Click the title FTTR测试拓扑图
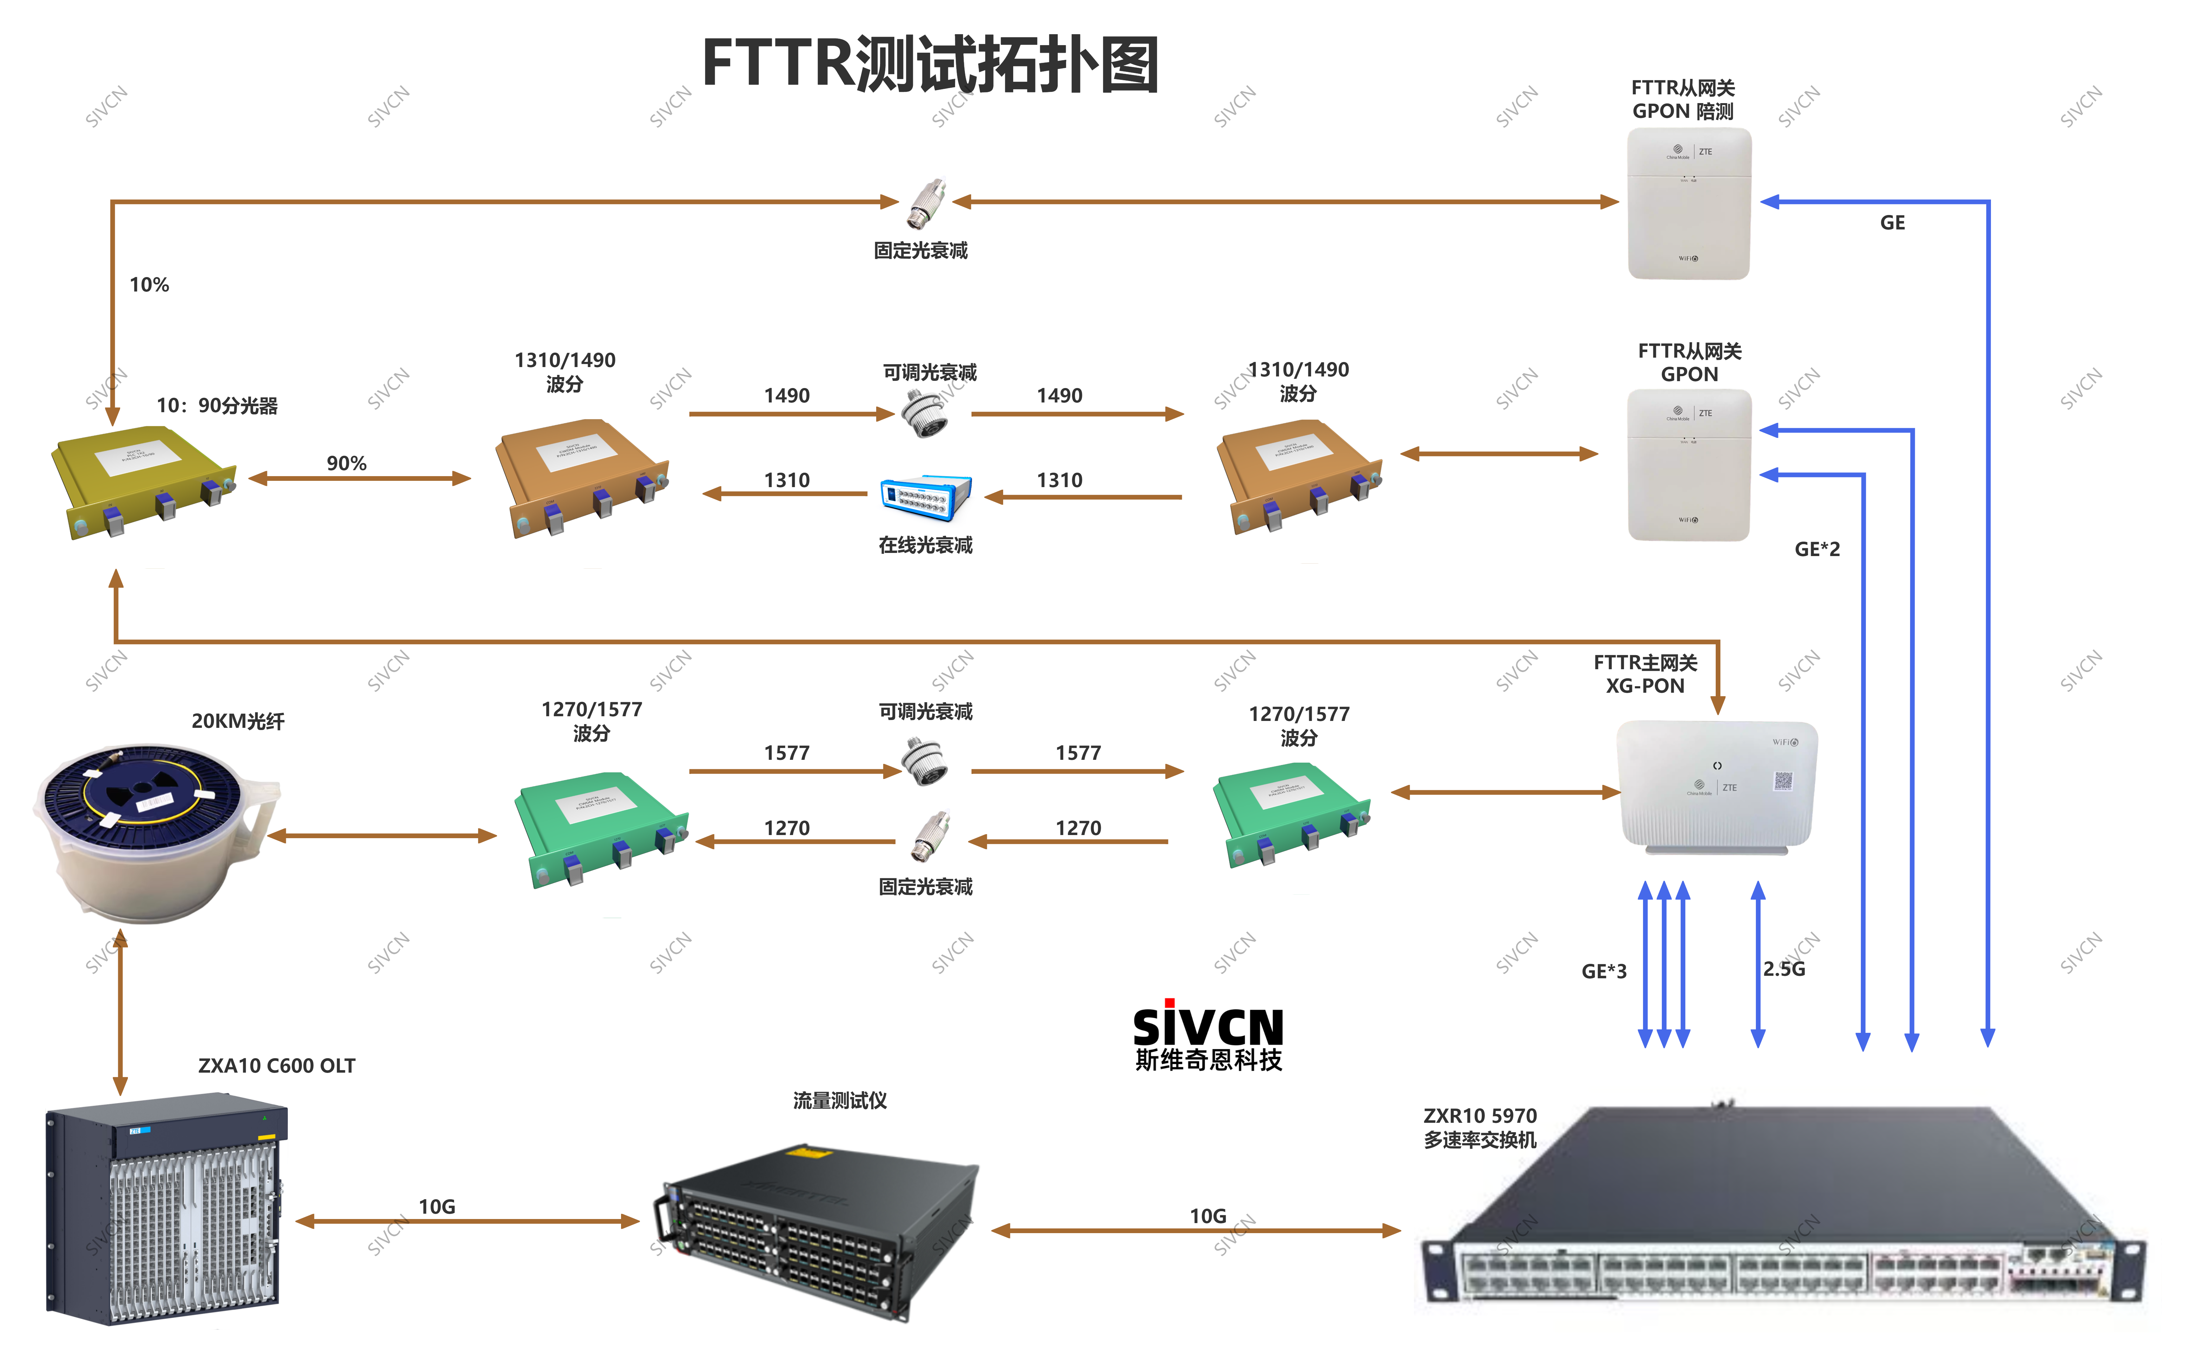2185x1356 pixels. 930,65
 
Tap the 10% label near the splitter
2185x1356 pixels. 149,285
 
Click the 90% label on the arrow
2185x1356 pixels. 346,464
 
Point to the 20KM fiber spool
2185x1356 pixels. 152,830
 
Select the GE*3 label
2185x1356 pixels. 1604,971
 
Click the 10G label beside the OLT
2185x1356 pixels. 437,1207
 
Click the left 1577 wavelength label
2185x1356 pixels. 787,753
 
